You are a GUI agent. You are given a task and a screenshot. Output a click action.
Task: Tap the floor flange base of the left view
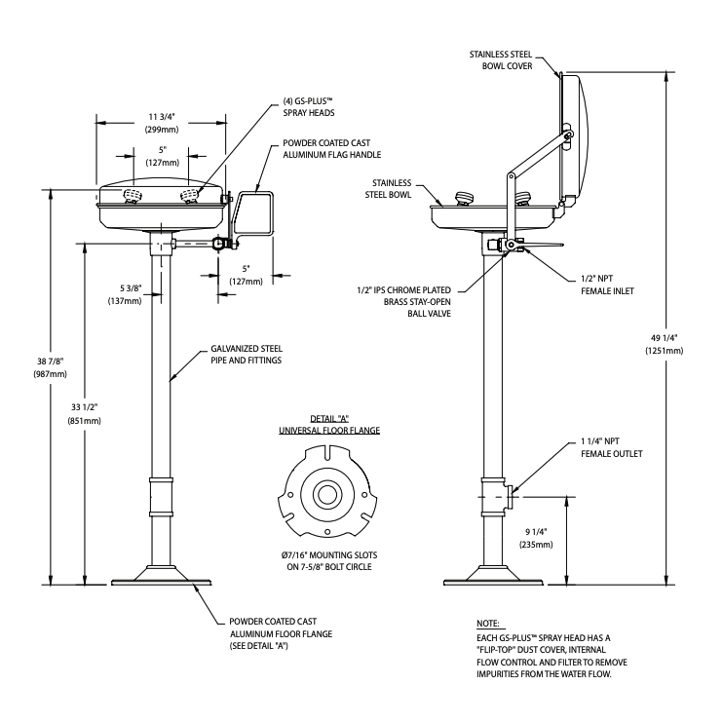(x=160, y=576)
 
